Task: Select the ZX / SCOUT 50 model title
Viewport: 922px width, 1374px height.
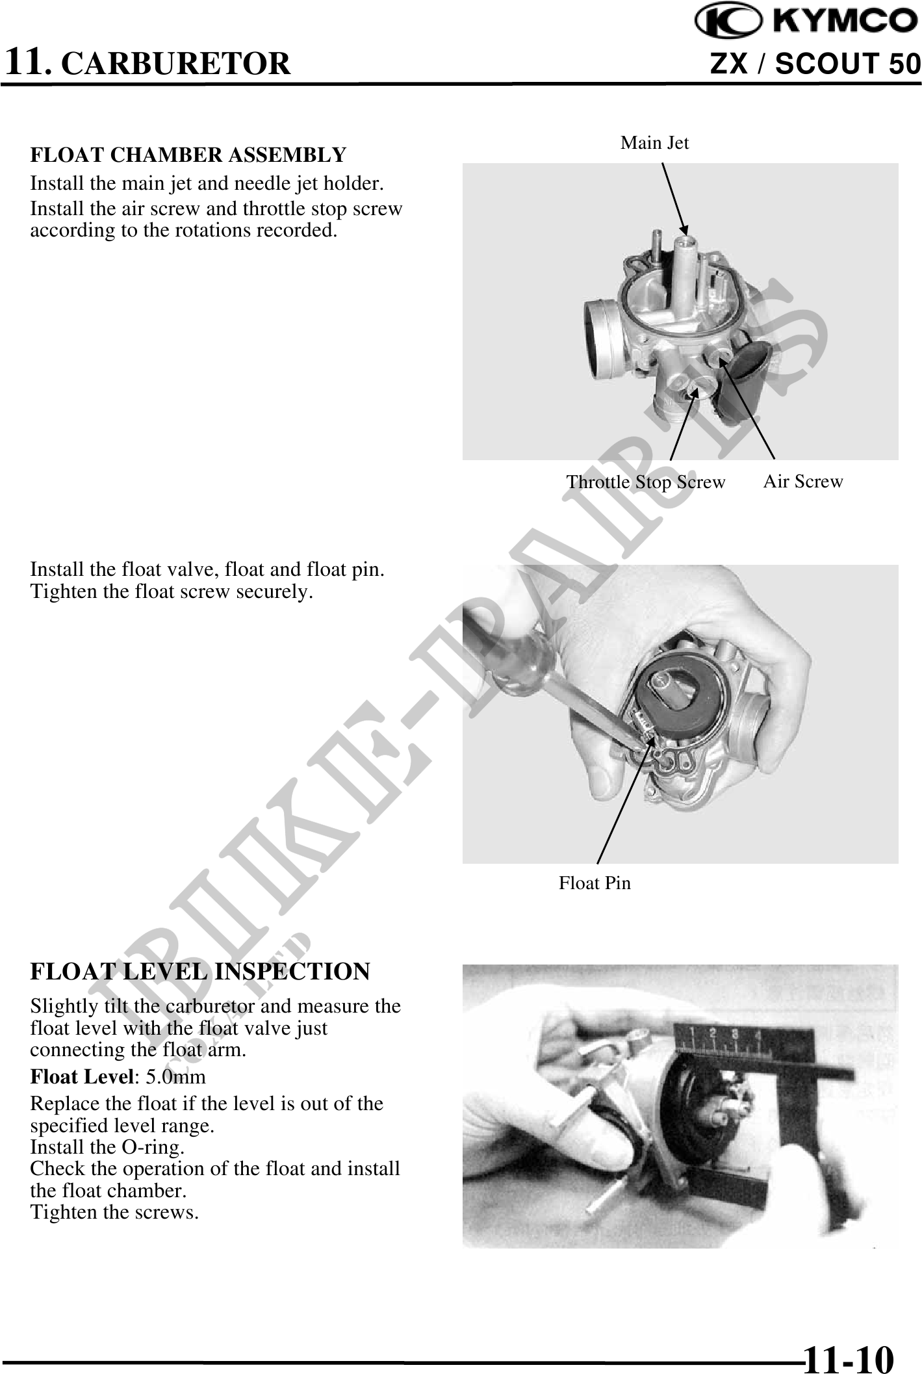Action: pos(815,64)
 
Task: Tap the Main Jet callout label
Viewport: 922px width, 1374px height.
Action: pos(654,143)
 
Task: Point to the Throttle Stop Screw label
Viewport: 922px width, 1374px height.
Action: pos(645,482)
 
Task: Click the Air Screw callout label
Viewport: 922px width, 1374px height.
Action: pos(803,482)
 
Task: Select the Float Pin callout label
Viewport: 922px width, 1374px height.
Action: pos(595,883)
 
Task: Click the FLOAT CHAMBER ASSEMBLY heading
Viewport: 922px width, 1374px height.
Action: pos(188,155)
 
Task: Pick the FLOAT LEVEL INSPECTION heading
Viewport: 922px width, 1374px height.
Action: pos(200,972)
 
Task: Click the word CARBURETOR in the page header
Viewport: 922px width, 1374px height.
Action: pos(179,64)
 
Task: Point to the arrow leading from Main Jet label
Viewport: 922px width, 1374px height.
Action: pos(674,199)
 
